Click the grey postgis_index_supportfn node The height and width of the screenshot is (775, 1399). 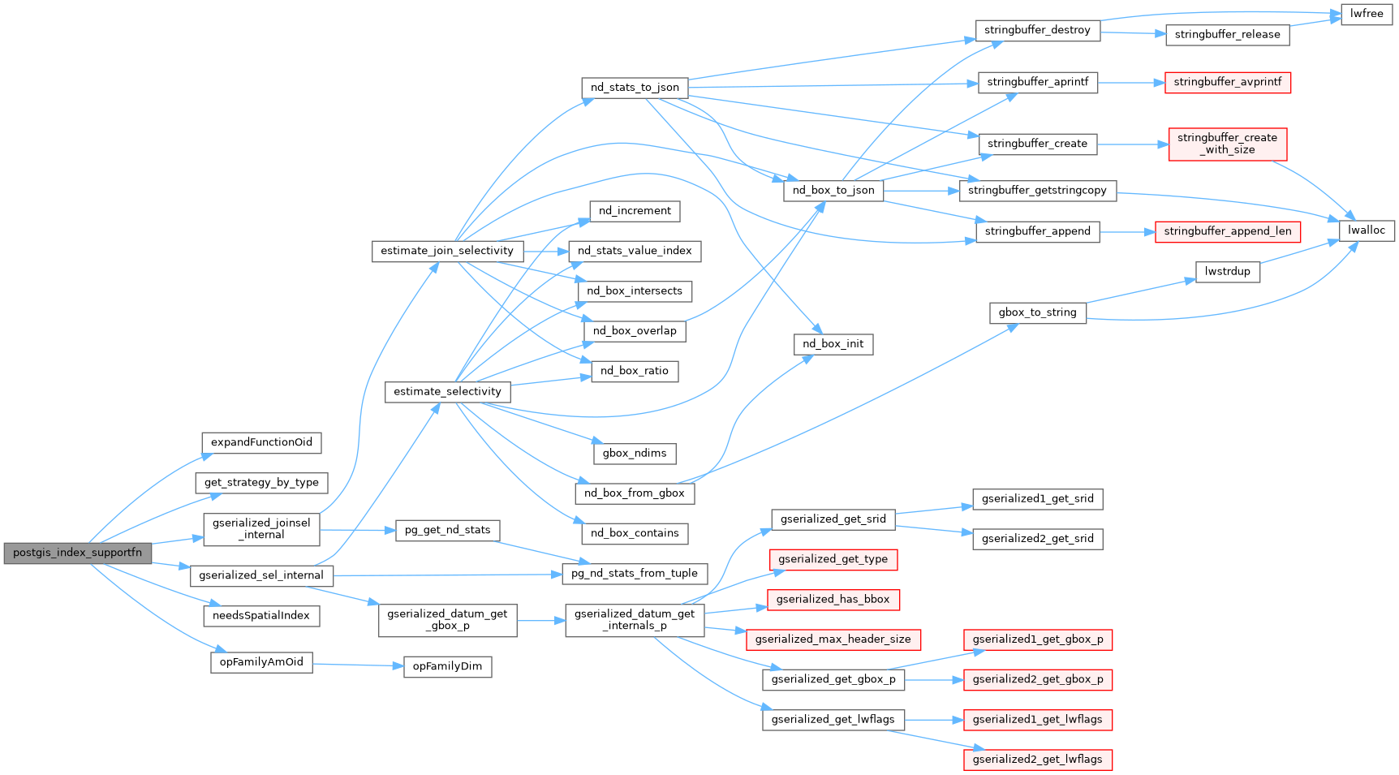[x=77, y=553]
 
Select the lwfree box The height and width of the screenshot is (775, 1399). [x=1367, y=14]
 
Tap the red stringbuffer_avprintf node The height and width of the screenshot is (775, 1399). [x=1227, y=82]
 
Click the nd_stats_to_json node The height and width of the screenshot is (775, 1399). [x=635, y=88]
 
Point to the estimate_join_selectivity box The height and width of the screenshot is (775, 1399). [x=447, y=251]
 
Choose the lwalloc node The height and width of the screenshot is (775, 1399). [x=1367, y=230]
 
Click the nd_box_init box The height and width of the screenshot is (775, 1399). [x=833, y=344]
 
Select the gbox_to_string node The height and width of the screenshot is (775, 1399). [x=1037, y=312]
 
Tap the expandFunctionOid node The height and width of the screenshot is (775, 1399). [x=261, y=442]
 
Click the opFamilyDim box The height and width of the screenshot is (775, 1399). [x=447, y=666]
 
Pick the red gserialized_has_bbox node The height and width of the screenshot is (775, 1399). [x=833, y=600]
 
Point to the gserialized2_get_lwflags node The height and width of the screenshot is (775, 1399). [x=1037, y=760]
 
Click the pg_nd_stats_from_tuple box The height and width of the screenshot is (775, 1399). [x=635, y=574]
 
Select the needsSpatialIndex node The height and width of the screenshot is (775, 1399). [x=261, y=616]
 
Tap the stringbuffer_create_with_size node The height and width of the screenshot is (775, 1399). [x=1227, y=144]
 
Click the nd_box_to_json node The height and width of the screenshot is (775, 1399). [x=833, y=191]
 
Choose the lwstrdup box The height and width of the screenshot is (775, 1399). [x=1227, y=271]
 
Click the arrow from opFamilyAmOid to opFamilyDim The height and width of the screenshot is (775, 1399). [x=358, y=665]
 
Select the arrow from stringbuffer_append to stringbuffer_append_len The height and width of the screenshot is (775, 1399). [x=1127, y=231]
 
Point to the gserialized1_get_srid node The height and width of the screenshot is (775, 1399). [x=1037, y=499]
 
